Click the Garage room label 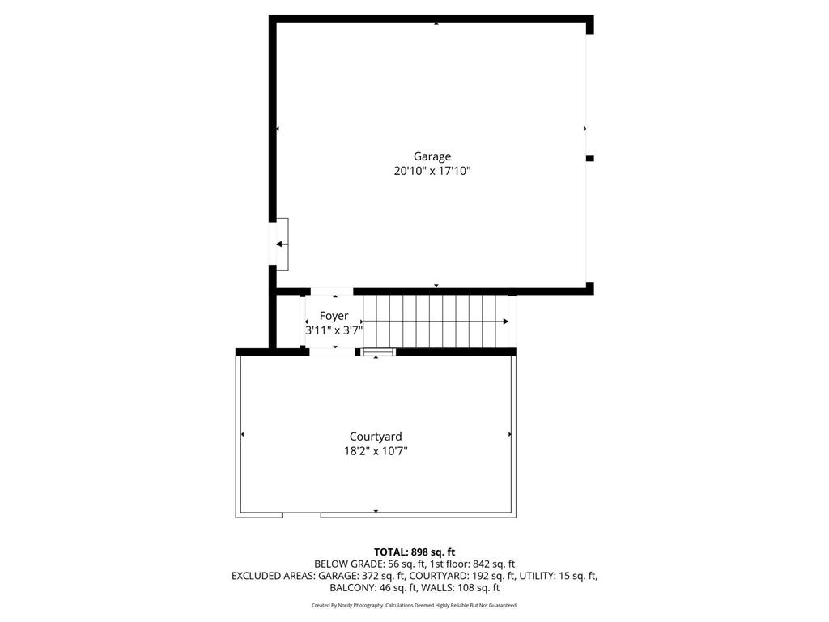click(432, 156)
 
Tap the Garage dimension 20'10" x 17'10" click(432, 171)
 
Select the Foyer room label click(334, 316)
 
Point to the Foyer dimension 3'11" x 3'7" click(334, 330)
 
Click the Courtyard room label click(376, 437)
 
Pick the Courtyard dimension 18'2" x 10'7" click(376, 451)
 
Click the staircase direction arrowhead click(506, 322)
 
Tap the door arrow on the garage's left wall click(280, 244)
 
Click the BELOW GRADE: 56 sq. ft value click(361, 564)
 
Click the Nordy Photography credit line click(414, 605)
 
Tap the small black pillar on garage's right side click(589, 158)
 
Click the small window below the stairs click(378, 351)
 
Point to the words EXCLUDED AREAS click(272, 576)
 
